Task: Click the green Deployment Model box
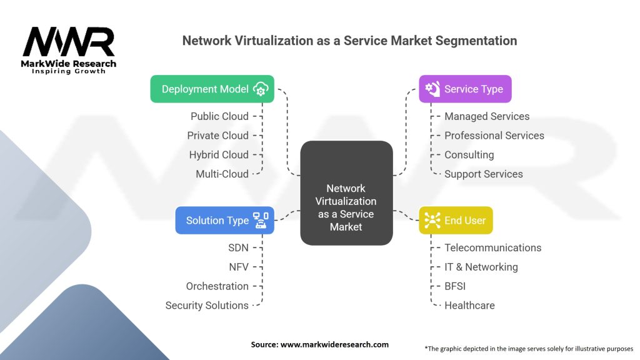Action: coord(212,89)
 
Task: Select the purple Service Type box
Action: coord(465,89)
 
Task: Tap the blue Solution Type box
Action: coord(224,221)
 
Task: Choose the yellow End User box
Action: coord(456,221)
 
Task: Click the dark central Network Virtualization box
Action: coord(346,193)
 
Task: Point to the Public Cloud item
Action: coord(219,116)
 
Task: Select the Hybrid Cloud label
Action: coord(219,155)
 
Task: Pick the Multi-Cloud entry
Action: coord(222,174)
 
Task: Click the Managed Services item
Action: coord(487,116)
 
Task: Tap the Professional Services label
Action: coord(494,136)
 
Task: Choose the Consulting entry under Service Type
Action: coord(469,155)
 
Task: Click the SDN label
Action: coord(238,247)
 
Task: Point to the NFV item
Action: coord(239,267)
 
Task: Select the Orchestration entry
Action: coord(217,286)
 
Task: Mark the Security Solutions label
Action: coord(207,305)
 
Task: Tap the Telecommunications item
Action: coord(493,247)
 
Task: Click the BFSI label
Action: coord(455,286)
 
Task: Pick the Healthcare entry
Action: coord(469,305)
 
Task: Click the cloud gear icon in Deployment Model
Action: coord(261,89)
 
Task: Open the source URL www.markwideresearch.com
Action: coord(334,344)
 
